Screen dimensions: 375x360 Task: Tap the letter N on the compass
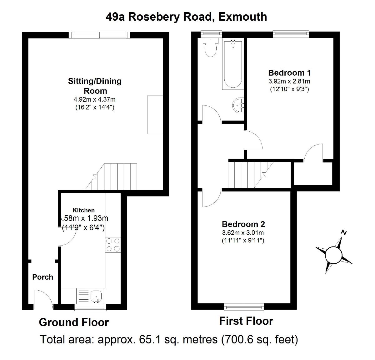(x=344, y=232)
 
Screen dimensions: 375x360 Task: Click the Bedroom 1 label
(x=289, y=73)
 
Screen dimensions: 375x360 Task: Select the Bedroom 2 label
(x=243, y=224)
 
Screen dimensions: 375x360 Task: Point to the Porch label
(x=43, y=277)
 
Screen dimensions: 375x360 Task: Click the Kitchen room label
(x=84, y=210)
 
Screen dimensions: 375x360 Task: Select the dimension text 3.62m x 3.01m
(x=243, y=233)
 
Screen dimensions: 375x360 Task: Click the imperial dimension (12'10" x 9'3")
(x=289, y=89)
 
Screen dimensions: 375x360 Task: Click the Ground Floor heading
(x=74, y=322)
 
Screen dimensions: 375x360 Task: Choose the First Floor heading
(x=246, y=321)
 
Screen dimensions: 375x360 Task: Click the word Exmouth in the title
(x=243, y=17)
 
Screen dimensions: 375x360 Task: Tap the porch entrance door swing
(x=43, y=299)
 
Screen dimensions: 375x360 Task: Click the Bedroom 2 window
(x=244, y=307)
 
